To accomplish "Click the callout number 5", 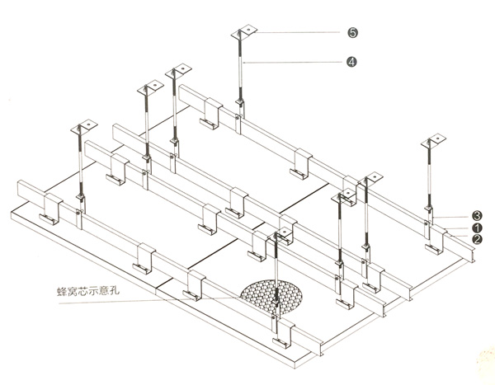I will click(x=352, y=33).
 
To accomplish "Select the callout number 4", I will click(x=352, y=62).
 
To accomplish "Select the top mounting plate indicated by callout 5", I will click(x=244, y=32).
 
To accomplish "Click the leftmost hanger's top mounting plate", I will click(x=82, y=129).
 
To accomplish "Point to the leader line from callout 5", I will click(x=301, y=33).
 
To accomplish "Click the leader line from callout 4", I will click(x=297, y=62).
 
